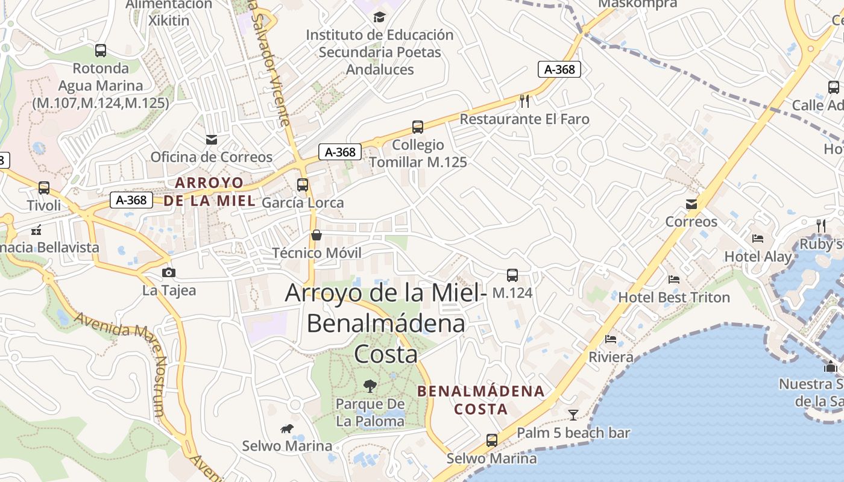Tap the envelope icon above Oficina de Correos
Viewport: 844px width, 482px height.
[x=212, y=140]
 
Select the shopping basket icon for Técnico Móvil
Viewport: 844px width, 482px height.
[x=316, y=234]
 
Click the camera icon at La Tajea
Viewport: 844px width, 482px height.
[x=169, y=272]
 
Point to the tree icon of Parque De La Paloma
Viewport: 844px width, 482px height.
[x=370, y=386]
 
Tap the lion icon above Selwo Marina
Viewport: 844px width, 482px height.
[x=287, y=429]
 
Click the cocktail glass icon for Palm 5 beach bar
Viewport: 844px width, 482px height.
[x=573, y=415]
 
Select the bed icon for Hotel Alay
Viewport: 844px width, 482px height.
[x=758, y=239]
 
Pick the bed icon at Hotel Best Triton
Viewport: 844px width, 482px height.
[x=674, y=280]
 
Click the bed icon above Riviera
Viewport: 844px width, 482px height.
[x=611, y=339]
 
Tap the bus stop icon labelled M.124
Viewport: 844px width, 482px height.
[x=512, y=275]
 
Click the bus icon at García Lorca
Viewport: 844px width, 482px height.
[x=303, y=185]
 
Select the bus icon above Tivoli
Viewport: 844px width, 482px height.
[x=44, y=187]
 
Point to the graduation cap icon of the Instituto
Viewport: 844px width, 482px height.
[x=379, y=17]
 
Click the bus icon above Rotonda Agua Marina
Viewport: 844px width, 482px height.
[x=101, y=51]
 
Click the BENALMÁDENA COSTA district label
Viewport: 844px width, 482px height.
[x=481, y=400]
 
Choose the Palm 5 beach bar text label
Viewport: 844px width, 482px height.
[x=573, y=433]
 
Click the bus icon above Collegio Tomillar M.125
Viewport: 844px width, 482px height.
[x=418, y=127]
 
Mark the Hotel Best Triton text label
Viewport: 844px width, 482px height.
[x=674, y=297]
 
